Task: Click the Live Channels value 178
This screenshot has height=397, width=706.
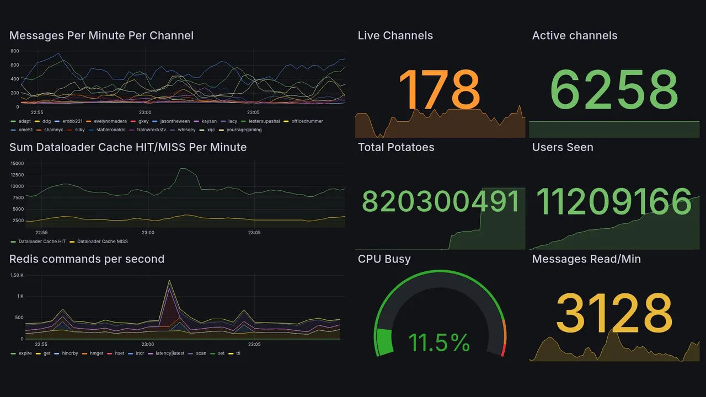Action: [439, 89]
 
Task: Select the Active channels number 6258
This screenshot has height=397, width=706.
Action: [614, 89]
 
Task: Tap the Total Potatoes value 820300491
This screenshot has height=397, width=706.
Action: [441, 202]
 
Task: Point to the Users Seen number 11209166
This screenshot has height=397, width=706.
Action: [614, 202]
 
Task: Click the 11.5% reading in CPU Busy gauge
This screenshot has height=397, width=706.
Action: [439, 342]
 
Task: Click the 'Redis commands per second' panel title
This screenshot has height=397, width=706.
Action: [87, 259]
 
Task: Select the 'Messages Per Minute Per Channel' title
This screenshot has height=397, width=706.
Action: [101, 36]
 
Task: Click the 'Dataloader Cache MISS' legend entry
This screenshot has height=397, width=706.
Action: [102, 242]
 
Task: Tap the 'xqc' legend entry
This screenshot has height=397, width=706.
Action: [211, 130]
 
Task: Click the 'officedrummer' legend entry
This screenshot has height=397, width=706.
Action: [307, 121]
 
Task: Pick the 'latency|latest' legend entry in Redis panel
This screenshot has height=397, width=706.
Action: [170, 353]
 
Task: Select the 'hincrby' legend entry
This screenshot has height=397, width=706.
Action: [70, 353]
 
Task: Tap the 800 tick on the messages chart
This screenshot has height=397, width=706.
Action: [15, 51]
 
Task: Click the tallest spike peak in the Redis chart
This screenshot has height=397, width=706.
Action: [169, 281]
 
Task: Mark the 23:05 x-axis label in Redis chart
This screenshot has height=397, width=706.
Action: [254, 345]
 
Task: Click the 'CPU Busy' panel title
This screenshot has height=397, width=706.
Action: [384, 259]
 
